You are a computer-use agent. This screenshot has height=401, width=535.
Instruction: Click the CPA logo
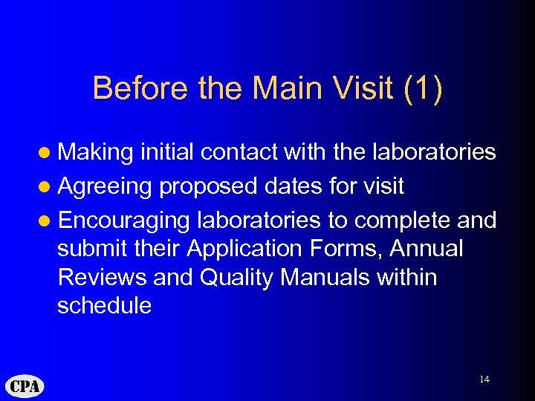pos(25,385)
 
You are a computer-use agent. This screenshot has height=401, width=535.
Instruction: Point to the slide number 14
pos(484,379)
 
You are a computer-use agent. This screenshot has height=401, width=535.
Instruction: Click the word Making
pos(95,152)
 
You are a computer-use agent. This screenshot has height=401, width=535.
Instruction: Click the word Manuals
pos(330,277)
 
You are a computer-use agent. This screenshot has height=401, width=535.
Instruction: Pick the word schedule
pos(104,305)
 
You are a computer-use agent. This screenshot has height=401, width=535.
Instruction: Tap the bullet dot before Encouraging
pos(46,221)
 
